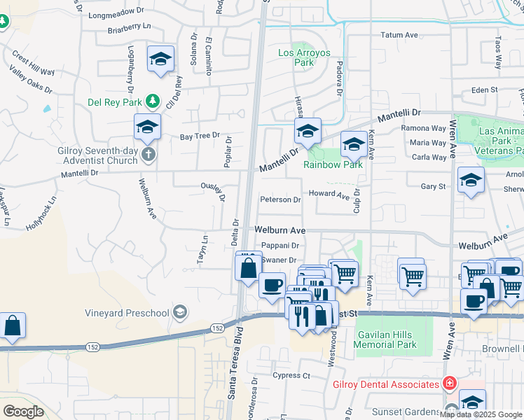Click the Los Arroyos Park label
coord(304,57)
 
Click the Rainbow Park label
coord(333,165)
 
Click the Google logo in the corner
coord(23,412)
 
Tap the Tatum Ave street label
coord(399,35)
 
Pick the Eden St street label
coord(484,90)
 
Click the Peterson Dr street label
coord(280,199)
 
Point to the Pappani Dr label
coord(280,246)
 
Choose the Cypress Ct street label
coord(292,376)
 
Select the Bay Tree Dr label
coord(200,136)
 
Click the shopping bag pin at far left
coord(13,326)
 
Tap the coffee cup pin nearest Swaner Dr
coord(272,286)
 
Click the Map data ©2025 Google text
coord(481,414)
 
